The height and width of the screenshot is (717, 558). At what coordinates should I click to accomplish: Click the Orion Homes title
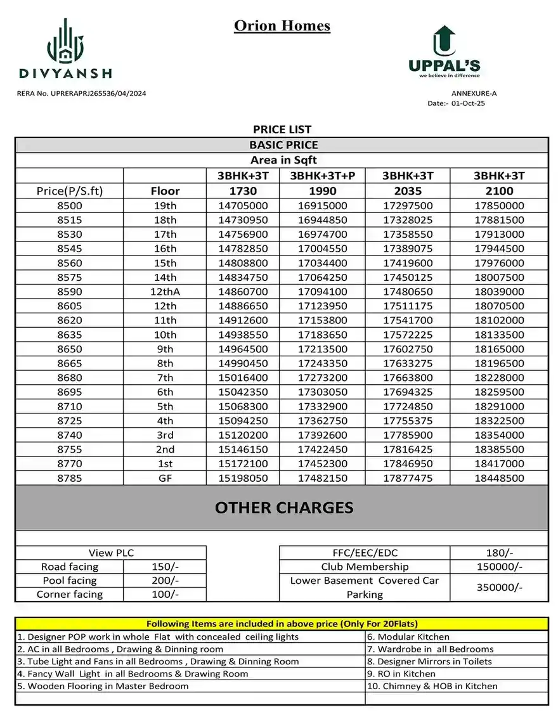[282, 26]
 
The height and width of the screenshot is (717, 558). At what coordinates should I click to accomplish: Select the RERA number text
[81, 94]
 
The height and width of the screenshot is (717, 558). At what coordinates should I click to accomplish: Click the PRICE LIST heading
[282, 129]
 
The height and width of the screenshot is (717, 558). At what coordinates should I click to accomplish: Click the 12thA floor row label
[165, 292]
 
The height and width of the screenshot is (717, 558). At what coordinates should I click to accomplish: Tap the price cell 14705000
[243, 205]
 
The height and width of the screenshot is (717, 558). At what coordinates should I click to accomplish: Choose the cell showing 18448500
[500, 478]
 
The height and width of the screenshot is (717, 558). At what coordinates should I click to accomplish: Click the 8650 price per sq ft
[69, 349]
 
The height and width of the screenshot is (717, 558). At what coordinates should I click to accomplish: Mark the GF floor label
[165, 478]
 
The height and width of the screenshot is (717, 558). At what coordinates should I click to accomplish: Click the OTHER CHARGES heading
[283, 508]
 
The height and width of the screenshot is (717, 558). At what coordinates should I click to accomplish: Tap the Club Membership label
[365, 567]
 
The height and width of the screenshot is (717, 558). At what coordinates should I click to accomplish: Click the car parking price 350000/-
[499, 588]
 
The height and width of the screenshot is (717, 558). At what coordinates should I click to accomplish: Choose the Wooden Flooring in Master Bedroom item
[103, 686]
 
